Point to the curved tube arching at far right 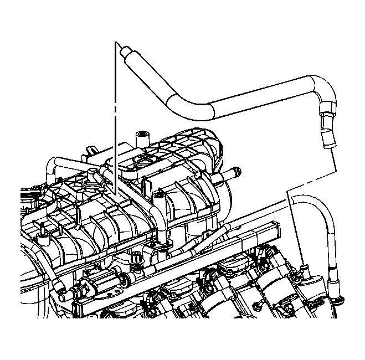[325, 222]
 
